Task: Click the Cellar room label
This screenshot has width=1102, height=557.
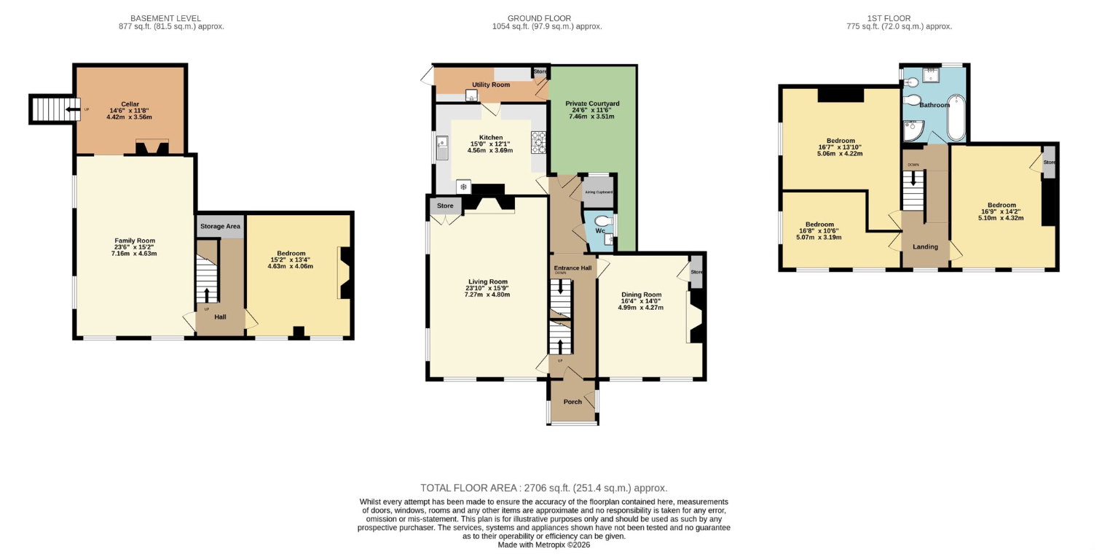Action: click(130, 104)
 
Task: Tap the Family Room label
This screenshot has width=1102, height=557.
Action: click(135, 241)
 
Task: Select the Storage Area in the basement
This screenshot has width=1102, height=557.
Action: click(221, 227)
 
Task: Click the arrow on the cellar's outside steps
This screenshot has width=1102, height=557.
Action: click(73, 109)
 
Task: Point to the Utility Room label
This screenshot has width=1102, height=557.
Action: click(491, 85)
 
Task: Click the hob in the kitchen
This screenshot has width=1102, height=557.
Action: click(538, 142)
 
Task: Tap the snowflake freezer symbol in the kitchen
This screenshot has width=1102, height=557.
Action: click(463, 187)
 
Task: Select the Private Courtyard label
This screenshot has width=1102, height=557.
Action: click(592, 104)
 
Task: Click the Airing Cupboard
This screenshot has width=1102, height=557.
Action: click(598, 192)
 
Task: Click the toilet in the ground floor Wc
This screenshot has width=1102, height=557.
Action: click(603, 221)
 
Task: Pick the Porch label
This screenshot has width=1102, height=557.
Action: click(572, 402)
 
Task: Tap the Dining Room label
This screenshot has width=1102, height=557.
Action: click(641, 295)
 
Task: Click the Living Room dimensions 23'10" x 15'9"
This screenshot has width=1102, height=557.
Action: click(487, 288)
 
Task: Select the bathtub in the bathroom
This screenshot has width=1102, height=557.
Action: click(956, 117)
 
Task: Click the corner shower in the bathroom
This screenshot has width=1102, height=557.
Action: click(913, 131)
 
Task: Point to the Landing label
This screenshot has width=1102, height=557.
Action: click(926, 246)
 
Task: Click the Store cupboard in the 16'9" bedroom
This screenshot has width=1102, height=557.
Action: click(1050, 162)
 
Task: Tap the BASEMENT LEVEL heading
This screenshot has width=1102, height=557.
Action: click(166, 18)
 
